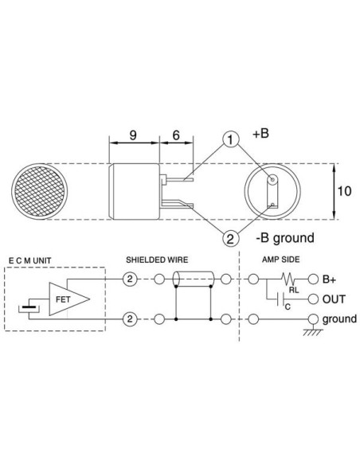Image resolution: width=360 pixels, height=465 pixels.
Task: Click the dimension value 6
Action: pos(174,136)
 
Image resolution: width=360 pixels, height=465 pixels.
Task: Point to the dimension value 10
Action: pos(343,191)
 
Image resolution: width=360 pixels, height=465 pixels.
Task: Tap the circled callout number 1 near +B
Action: pos(231,141)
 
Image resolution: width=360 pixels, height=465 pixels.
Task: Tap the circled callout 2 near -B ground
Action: pos(231,237)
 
